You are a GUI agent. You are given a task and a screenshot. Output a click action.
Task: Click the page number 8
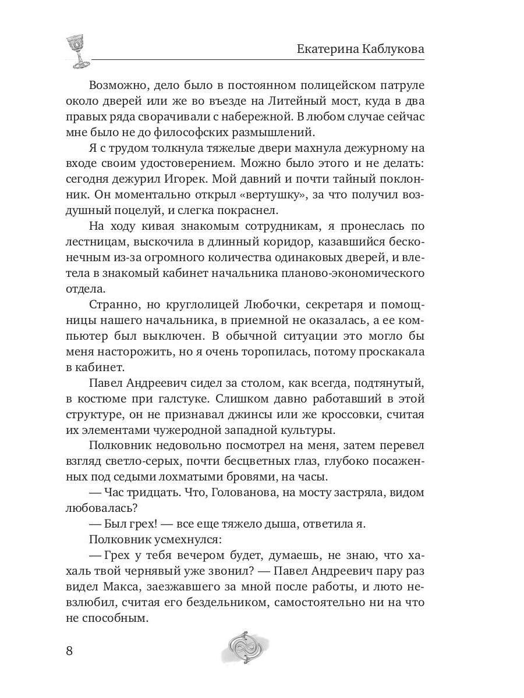(x=69, y=650)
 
